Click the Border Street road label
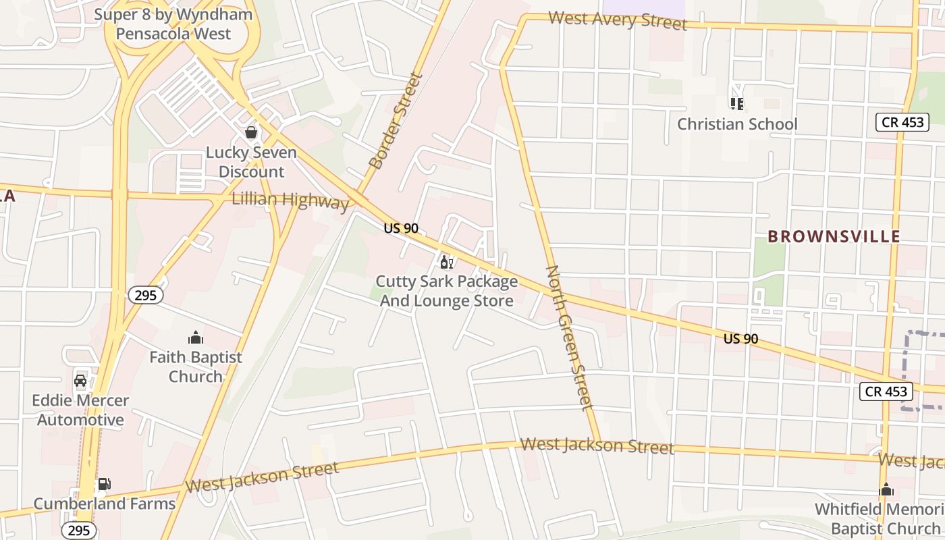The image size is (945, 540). (396, 122)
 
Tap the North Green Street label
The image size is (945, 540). (569, 337)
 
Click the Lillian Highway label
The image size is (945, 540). (290, 200)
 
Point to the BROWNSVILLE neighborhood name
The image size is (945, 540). (834, 236)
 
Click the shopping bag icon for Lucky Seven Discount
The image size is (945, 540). (251, 132)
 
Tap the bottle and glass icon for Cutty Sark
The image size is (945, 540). (446, 262)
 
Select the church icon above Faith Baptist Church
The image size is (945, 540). (196, 337)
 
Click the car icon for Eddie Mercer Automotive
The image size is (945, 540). (80, 381)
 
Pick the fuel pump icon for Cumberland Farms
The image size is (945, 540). (104, 484)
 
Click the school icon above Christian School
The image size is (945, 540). (736, 104)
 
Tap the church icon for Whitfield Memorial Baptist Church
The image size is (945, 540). (886, 489)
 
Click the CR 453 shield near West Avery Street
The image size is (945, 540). (902, 122)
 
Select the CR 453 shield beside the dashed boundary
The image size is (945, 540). (886, 391)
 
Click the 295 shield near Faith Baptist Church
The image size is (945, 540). (145, 295)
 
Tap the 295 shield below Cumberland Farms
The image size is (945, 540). (79, 531)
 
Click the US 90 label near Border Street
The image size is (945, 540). (401, 228)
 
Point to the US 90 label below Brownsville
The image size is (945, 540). (740, 339)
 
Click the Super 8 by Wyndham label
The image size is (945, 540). (173, 24)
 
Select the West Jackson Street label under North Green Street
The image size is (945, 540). (597, 446)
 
